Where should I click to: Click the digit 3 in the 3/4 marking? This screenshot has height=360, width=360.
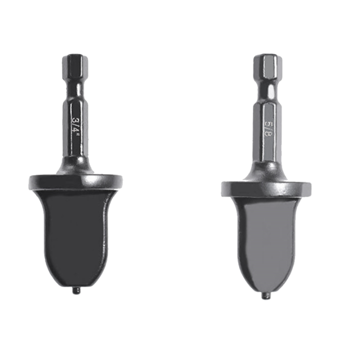point(76,121)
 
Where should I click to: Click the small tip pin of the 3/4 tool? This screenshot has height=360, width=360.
point(76,289)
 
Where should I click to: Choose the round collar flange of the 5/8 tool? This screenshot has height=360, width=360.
point(265,188)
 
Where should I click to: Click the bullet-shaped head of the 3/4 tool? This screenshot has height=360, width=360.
point(76,235)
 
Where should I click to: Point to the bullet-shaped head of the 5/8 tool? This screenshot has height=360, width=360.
point(265,240)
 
